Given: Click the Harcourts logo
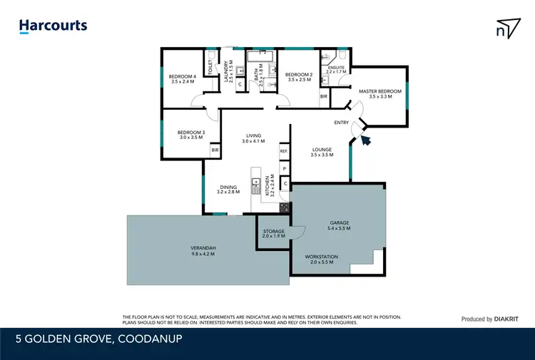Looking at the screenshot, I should click(x=53, y=26).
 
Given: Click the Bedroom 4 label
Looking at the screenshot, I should click(x=182, y=79).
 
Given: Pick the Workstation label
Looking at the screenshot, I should click(x=322, y=259).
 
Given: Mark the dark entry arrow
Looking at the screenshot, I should click(x=367, y=139).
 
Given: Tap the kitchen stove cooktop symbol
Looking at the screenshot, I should click(x=284, y=207).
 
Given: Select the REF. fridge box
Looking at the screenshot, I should click(x=283, y=152).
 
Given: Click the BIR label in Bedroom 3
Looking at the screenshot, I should click(x=214, y=151).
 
